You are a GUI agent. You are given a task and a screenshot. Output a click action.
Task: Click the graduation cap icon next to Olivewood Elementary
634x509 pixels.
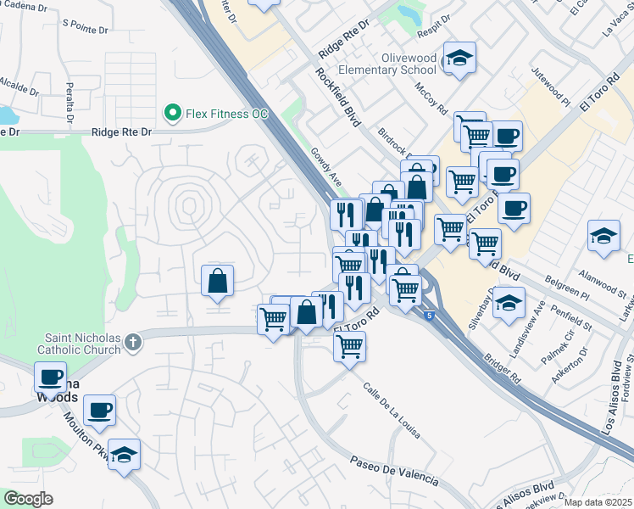click(459, 58)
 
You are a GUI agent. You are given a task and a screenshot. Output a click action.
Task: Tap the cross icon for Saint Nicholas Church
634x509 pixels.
click(131, 342)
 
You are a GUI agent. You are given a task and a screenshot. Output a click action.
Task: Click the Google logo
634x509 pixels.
click(28, 499)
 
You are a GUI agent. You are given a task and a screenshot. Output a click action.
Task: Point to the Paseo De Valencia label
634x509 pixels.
click(395, 471)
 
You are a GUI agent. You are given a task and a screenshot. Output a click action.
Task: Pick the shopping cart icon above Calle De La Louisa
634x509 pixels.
click(349, 346)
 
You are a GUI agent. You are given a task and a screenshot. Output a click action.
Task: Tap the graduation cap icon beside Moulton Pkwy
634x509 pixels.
click(124, 456)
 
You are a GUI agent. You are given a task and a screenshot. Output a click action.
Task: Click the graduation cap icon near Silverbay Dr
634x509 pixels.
click(509, 303)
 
